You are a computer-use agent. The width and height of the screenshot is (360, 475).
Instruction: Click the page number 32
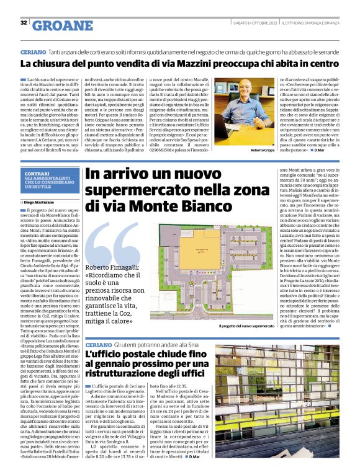pos(24,24)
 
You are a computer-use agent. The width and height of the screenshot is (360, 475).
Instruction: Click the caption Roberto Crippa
pos(263,151)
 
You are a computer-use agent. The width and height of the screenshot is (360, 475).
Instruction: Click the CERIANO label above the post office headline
pos(99,344)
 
